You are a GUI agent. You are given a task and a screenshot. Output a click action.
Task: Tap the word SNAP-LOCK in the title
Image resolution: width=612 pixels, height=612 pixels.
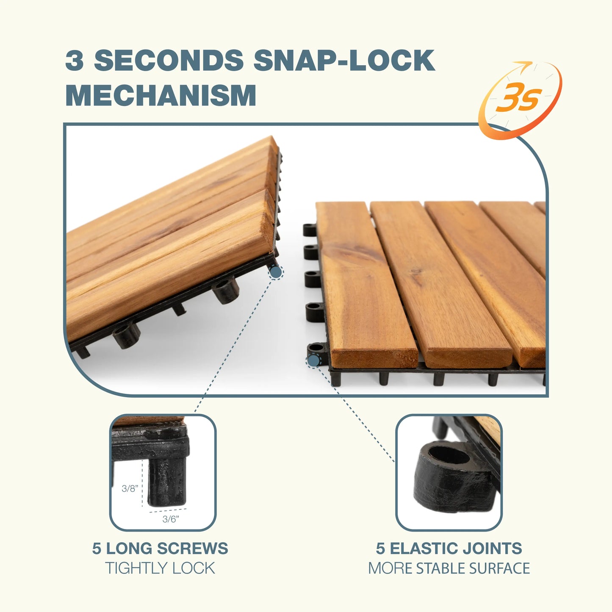click(344, 60)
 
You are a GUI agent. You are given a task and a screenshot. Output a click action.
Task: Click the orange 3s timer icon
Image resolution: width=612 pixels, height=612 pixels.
click(520, 100)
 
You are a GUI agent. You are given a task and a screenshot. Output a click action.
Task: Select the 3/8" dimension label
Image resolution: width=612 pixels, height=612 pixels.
click(130, 488)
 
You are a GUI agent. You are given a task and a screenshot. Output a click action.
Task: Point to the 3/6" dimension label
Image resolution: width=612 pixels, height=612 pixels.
click(171, 519)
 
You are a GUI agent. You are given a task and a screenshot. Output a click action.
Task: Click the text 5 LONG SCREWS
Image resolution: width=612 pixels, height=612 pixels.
click(160, 548)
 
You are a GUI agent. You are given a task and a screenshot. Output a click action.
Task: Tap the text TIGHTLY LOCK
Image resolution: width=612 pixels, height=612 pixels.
click(160, 568)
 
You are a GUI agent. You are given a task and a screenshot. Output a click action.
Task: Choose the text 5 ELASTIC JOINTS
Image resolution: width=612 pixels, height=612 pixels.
click(449, 548)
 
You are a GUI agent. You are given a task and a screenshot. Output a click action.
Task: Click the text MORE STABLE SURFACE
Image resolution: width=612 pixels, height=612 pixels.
click(449, 568)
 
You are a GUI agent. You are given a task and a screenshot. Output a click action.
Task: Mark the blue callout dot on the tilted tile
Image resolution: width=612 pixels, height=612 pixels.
click(276, 272)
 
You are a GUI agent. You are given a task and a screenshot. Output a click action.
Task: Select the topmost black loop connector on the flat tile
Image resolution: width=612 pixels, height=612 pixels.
click(310, 230)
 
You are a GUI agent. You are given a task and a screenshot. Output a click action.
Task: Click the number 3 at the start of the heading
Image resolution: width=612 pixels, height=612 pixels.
click(75, 60)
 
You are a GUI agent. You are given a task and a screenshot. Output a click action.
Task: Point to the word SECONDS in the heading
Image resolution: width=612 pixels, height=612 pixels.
click(169, 60)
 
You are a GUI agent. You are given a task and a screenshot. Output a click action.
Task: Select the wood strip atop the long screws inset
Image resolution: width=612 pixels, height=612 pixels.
click(148, 421)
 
